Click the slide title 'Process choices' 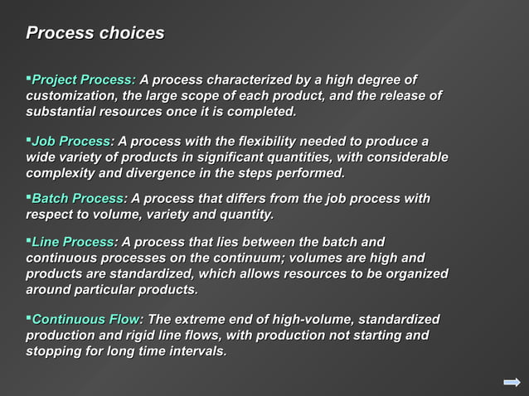pyautogui.click(x=95, y=34)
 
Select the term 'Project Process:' pyautogui.click(x=83, y=80)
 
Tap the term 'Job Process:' pyautogui.click(x=73, y=142)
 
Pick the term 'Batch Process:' pyautogui.click(x=79, y=199)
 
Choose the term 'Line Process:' pyautogui.click(x=74, y=242)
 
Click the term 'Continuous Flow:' pyautogui.click(x=87, y=320)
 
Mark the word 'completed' pyautogui.click(x=260, y=112)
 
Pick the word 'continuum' pyautogui.click(x=251, y=258)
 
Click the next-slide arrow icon pyautogui.click(x=511, y=381)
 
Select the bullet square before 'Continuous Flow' pyautogui.click(x=28, y=317)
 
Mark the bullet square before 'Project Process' pyautogui.click(x=28, y=78)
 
